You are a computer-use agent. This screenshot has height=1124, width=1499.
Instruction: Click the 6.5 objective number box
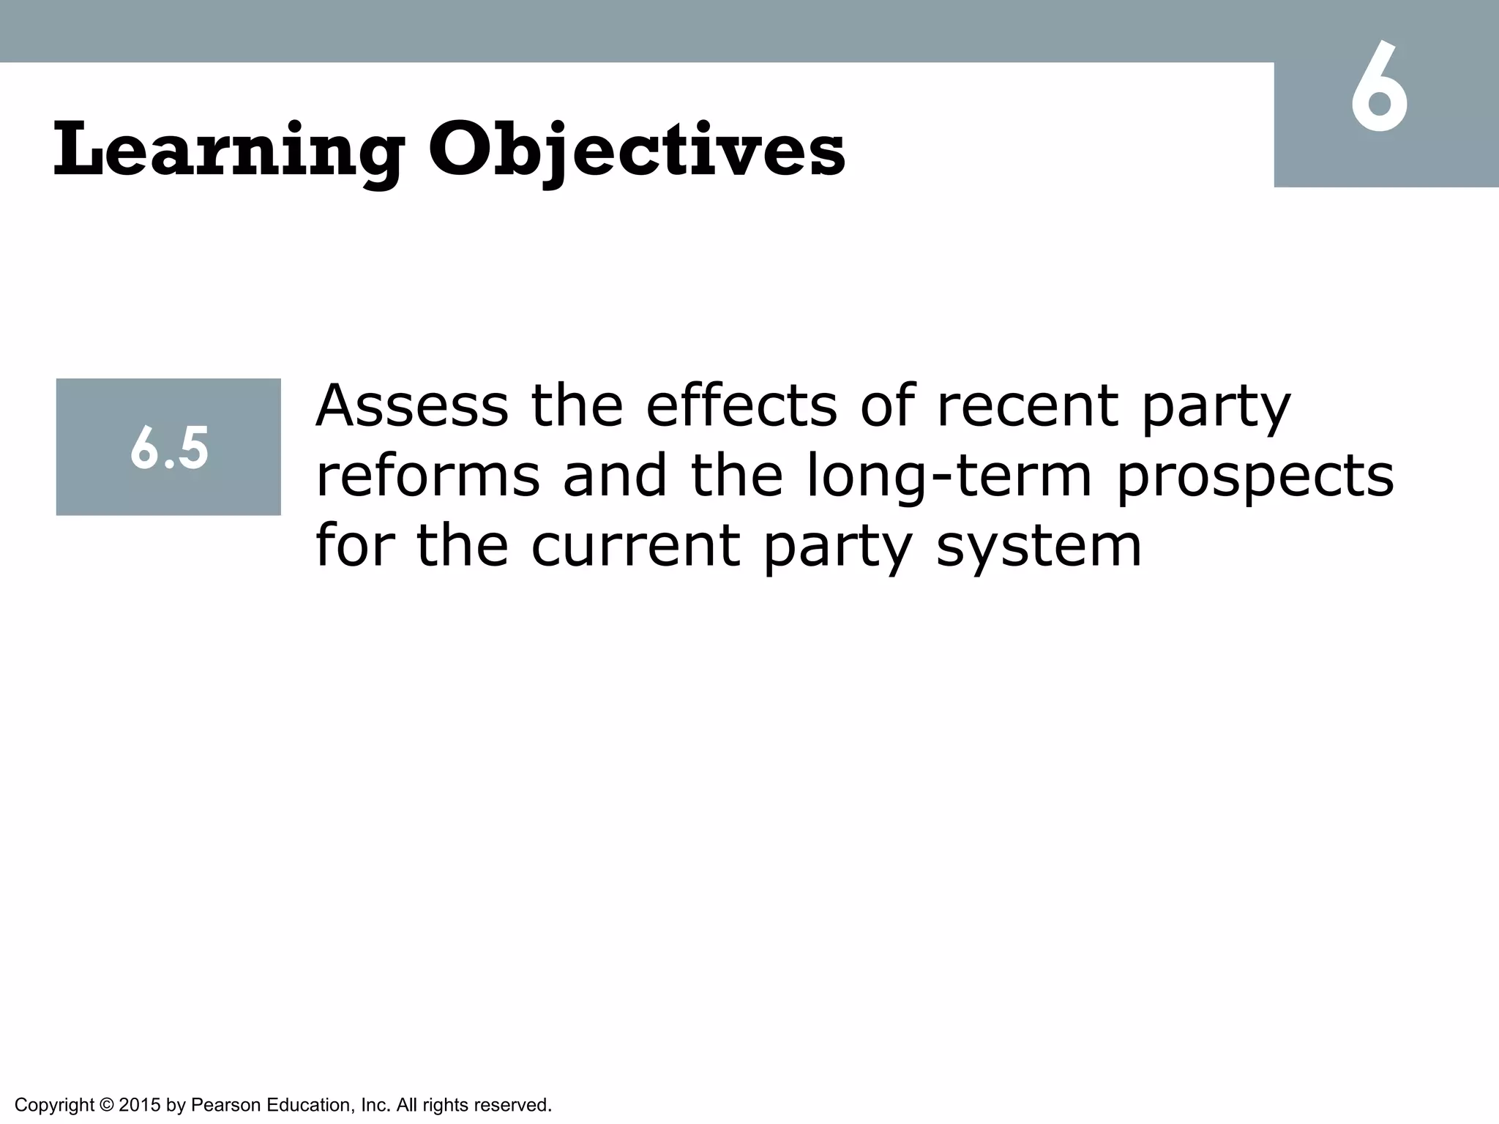pos(168,447)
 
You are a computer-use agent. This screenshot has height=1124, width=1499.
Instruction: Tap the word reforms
pos(427,476)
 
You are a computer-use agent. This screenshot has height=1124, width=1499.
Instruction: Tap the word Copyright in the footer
pos(54,1105)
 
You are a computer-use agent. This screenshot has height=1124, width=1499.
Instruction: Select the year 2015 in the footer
pos(139,1105)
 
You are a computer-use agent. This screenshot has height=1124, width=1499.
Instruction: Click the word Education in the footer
pos(309,1105)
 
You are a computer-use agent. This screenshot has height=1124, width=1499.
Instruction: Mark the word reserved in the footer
pos(515,1105)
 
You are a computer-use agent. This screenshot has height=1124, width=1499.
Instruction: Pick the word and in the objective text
pos(615,476)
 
